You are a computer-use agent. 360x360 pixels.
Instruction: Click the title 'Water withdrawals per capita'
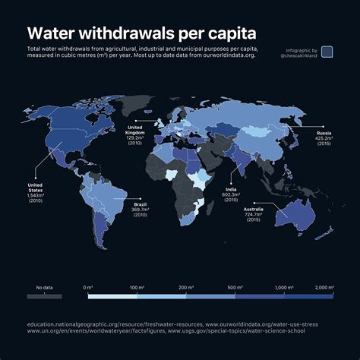pyautogui.click(x=141, y=34)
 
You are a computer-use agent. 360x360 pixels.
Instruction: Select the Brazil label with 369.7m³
pyautogui.click(x=141, y=210)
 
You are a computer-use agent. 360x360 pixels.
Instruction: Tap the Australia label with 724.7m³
pyautogui.click(x=253, y=213)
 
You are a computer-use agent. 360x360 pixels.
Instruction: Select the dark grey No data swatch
pyautogui.click(x=44, y=296)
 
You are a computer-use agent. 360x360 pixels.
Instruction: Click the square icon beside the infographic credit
pyautogui.click(x=327, y=52)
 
